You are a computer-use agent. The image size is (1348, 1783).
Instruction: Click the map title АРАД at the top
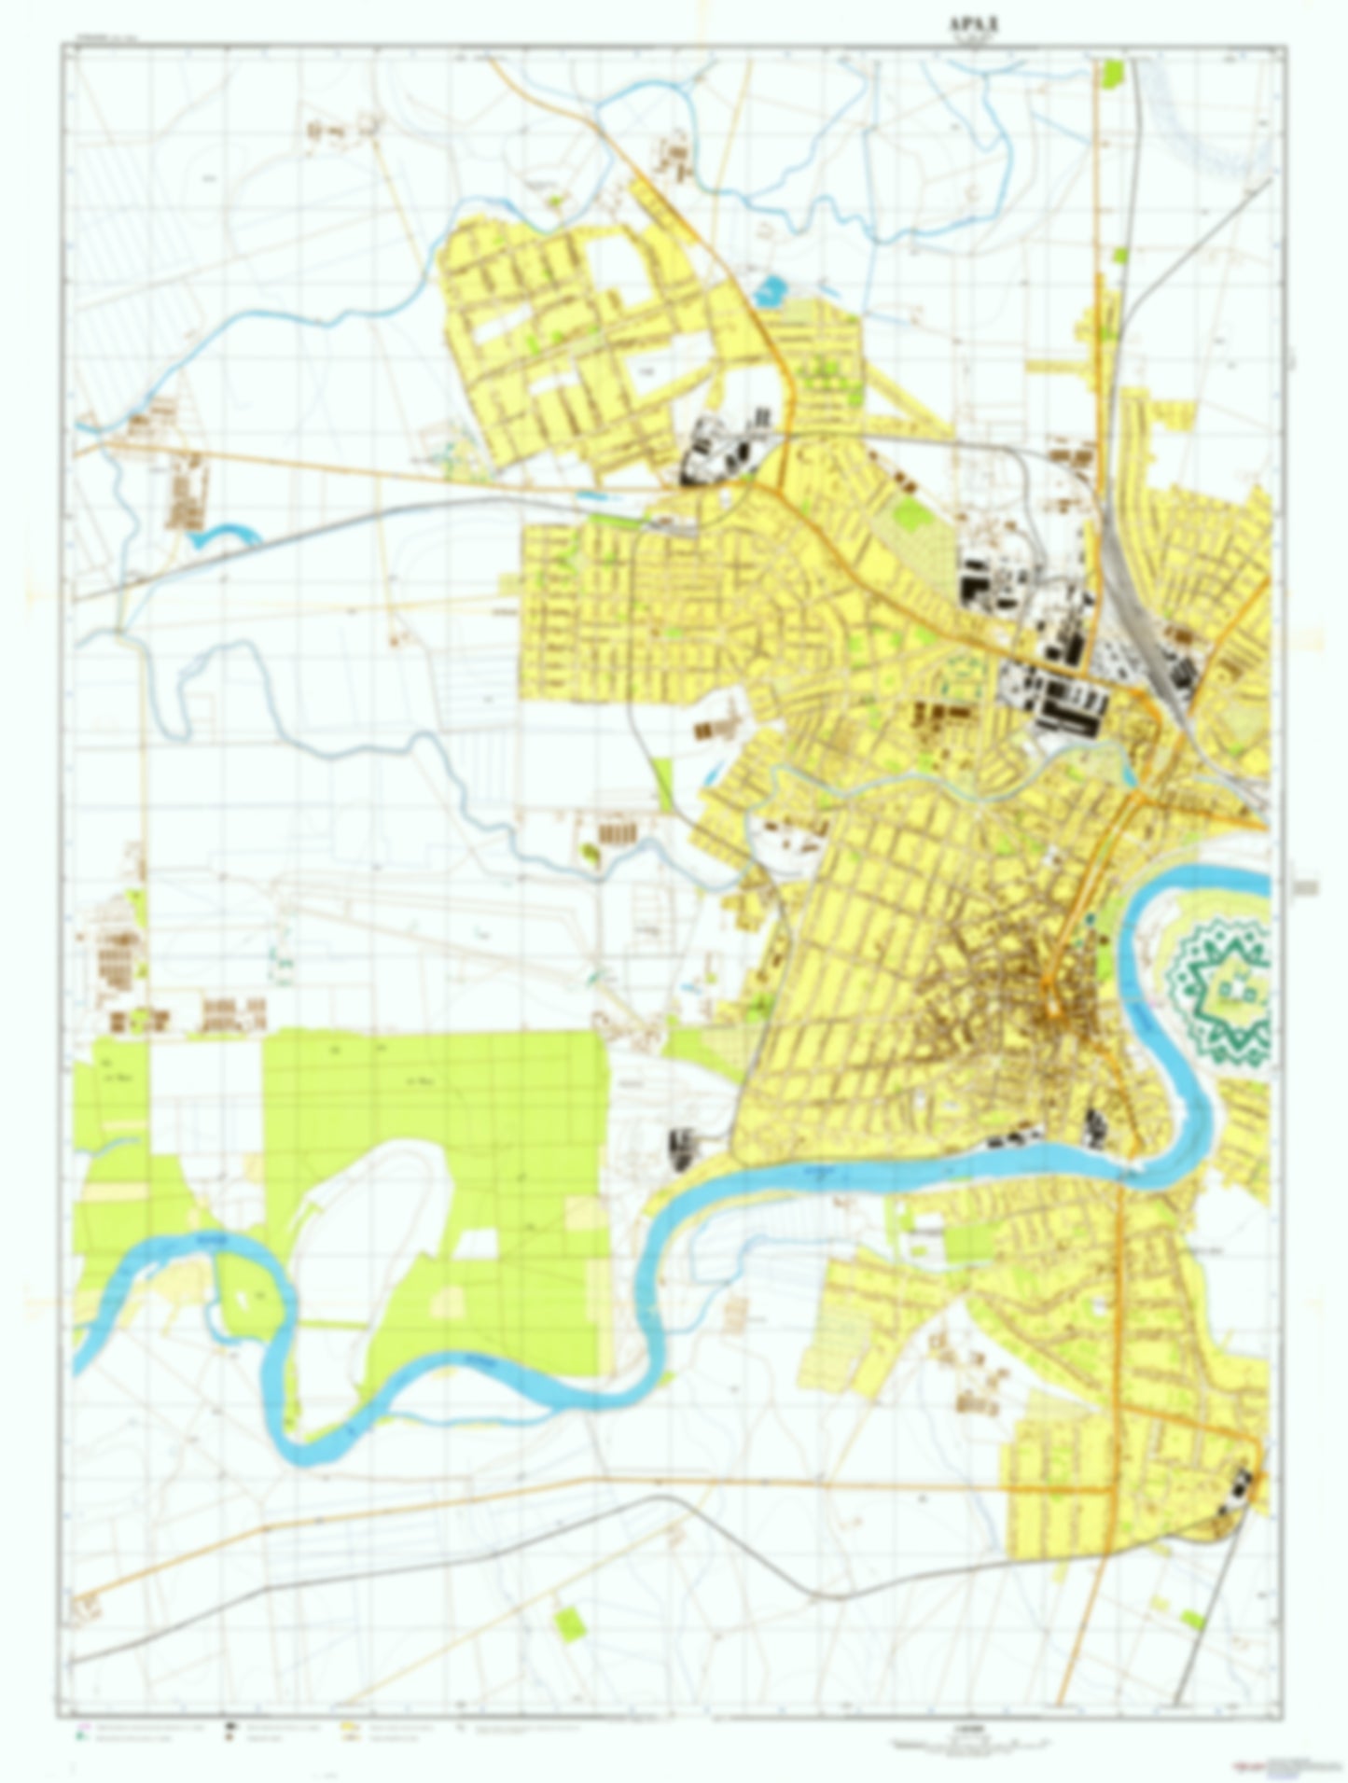tap(976, 24)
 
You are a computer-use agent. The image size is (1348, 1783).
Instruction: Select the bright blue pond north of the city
tap(770, 291)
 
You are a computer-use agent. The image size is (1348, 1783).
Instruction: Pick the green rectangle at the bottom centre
tap(568, 1625)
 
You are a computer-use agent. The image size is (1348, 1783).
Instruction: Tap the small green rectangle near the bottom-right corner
tap(1191, 1619)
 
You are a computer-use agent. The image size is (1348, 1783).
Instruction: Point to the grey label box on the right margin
tap(1306, 887)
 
